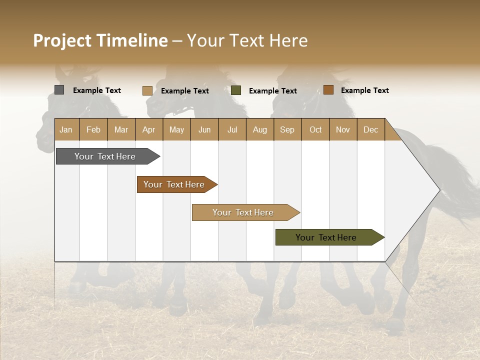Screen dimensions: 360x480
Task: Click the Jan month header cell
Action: pos(66,129)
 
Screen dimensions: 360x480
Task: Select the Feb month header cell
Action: pos(93,129)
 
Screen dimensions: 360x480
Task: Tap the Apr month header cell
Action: pos(148,129)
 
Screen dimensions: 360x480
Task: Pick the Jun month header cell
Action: pos(204,129)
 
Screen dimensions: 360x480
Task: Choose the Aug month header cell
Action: pos(260,129)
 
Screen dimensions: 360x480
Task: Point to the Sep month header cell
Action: pos(287,129)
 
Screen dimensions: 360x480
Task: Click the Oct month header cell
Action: pos(315,129)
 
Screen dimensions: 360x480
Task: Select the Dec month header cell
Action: pos(370,129)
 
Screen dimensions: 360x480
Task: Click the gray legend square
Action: pos(59,90)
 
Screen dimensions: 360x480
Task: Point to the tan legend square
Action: pos(147,90)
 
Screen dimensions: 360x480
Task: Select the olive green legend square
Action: pos(236,90)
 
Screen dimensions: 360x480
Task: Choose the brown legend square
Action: pos(328,90)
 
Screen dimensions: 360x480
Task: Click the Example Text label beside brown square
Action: pos(364,90)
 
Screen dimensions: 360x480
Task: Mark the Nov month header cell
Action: pos(343,129)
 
